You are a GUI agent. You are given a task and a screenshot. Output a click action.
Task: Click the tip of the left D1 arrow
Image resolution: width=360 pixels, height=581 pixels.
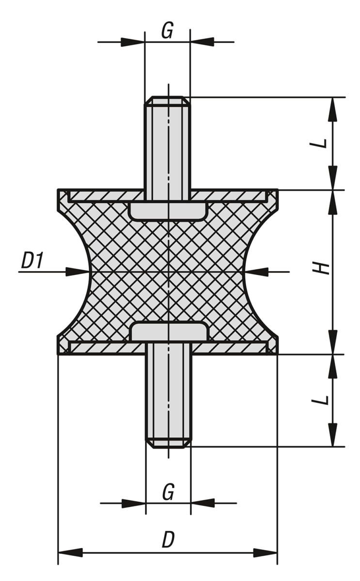pyautogui.click(x=89, y=272)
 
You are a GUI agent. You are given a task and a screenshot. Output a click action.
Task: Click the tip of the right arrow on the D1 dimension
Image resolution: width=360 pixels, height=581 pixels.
pyautogui.click(x=245, y=272)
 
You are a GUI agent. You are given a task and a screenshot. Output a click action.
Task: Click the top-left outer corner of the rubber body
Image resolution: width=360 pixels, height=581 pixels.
pyautogui.click(x=58, y=190)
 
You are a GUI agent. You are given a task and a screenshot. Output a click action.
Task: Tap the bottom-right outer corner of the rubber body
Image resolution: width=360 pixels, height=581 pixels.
pyautogui.click(x=278, y=354)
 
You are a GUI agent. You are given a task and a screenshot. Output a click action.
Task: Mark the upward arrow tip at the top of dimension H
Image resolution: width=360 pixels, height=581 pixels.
pyautogui.click(x=333, y=191)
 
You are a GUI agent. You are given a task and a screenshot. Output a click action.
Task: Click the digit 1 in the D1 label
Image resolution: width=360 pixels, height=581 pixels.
pyautogui.click(x=39, y=260)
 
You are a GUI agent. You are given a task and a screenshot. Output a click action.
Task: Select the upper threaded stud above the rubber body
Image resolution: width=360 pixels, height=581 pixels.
pyautogui.click(x=168, y=143)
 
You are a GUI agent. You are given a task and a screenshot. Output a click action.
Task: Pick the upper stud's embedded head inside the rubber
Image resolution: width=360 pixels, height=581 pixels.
pyautogui.click(x=169, y=212)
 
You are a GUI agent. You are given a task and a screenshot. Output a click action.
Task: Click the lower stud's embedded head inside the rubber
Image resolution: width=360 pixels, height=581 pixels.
pyautogui.click(x=169, y=331)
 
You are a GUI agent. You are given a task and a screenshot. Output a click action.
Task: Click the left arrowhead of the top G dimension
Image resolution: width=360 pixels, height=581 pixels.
pyautogui.click(x=132, y=42)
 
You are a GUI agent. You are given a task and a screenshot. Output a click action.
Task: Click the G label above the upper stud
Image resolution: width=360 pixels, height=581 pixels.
pyautogui.click(x=167, y=31)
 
